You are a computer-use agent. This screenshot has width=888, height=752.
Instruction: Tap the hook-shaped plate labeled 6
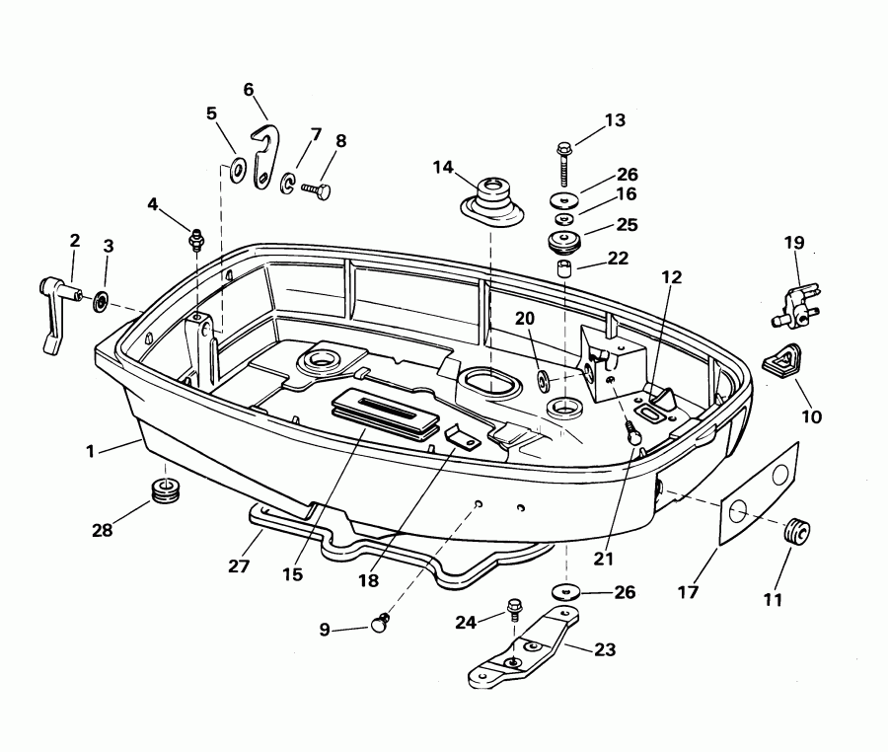tap(265, 155)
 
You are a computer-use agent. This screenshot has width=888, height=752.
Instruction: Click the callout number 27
tap(239, 566)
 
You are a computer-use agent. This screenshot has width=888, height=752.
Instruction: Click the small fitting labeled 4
tap(196, 238)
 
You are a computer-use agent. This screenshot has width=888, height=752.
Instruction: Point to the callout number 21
tap(604, 559)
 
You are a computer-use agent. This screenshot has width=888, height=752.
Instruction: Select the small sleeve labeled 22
tap(563, 269)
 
